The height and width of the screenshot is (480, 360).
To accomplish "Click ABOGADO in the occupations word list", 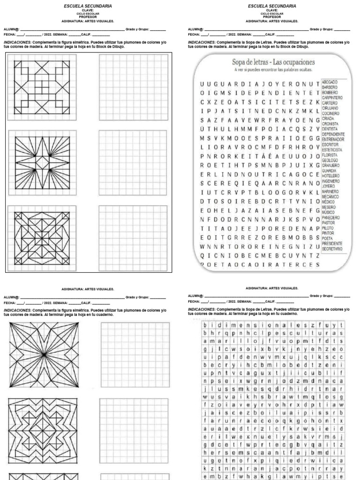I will [x=330, y=82].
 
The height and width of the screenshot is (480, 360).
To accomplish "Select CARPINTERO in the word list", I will [x=332, y=97].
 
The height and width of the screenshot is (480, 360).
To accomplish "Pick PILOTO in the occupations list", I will [x=328, y=228].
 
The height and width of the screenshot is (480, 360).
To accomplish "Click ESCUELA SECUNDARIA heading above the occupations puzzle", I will [x=272, y=6].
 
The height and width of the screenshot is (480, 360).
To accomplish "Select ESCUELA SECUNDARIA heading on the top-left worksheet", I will [x=88, y=6].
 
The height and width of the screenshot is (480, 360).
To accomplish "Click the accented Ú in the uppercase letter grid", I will [x=202, y=129].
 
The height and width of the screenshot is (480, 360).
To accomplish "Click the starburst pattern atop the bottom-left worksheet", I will [x=42, y=353].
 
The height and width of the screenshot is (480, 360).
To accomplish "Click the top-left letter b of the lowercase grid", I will [x=205, y=325].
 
